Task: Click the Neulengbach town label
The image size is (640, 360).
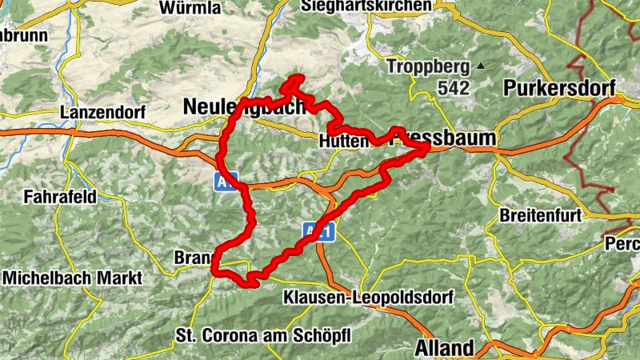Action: pos(244,106)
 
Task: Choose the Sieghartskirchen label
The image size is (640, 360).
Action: pos(366,6)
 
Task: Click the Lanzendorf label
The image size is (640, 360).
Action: pos(103,113)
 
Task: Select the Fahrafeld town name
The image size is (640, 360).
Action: pos(60,195)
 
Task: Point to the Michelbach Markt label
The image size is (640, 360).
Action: pos(72,278)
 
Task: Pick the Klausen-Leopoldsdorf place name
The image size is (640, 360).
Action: pos(368,298)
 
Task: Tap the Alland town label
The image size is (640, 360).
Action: pos(444,348)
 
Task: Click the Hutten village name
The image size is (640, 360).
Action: pos(342,140)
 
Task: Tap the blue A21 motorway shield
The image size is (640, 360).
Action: pos(318,230)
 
